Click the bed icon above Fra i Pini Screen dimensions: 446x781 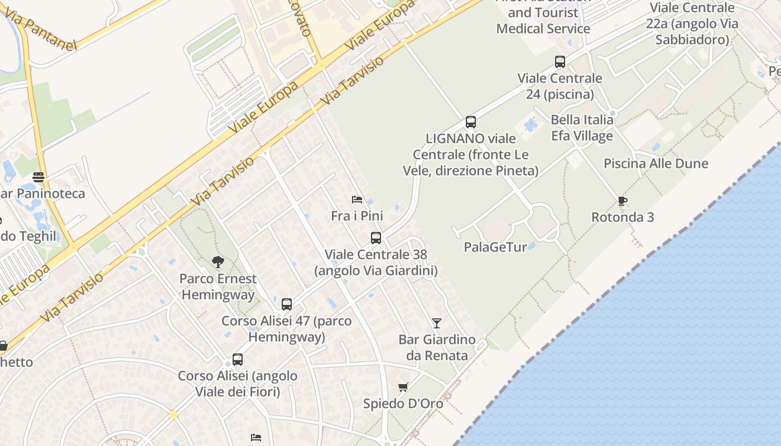tap(357, 200)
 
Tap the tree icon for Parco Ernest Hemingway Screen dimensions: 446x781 tap(218, 261)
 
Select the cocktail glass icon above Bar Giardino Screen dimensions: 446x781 tap(436, 323)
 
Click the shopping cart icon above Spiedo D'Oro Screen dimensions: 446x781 tap(403, 387)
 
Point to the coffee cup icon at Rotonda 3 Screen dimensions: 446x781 tap(623, 201)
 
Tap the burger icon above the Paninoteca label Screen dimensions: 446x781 tap(38, 177)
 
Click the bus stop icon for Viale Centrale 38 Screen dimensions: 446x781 tap(376, 238)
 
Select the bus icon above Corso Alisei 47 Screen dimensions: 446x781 tap(287, 304)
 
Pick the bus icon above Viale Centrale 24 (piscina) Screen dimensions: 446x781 tap(560, 62)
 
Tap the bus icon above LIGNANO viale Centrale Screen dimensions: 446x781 tap(471, 122)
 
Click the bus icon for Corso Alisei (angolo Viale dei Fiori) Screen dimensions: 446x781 tap(238, 360)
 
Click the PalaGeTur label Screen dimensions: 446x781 tap(495, 247)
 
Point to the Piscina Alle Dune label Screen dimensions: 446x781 tap(656, 164)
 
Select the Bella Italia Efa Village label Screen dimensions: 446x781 tap(582, 128)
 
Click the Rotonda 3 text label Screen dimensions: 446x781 tap(623, 217)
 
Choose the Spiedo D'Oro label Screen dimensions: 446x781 tap(403, 404)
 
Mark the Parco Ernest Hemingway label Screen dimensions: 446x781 tap(218, 287)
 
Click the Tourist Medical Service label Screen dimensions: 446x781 tap(543, 21)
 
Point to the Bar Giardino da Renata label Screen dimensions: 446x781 tap(437, 347)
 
